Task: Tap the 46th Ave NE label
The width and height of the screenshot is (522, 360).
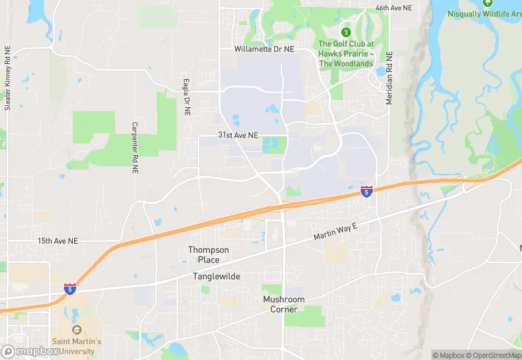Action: pyautogui.click(x=394, y=8)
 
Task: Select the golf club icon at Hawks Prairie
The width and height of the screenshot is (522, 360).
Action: pyautogui.click(x=346, y=32)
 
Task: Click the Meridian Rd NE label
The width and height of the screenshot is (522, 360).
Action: pyautogui.click(x=389, y=77)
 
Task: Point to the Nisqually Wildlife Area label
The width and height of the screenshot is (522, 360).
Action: pyautogui.click(x=484, y=14)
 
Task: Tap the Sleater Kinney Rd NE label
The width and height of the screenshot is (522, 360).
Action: pyautogui.click(x=8, y=78)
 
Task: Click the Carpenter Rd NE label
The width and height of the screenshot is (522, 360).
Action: pyautogui.click(x=135, y=143)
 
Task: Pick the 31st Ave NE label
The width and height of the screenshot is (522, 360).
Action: pyautogui.click(x=238, y=135)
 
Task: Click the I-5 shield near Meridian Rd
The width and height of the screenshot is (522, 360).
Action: pyautogui.click(x=367, y=191)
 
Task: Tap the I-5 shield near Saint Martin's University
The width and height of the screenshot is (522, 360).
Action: pyautogui.click(x=70, y=289)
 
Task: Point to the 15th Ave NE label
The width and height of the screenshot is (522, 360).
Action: pyautogui.click(x=58, y=241)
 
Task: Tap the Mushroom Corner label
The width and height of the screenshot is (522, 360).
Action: pyautogui.click(x=284, y=304)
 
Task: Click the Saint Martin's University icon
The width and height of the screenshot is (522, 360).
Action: pyautogui.click(x=76, y=330)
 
